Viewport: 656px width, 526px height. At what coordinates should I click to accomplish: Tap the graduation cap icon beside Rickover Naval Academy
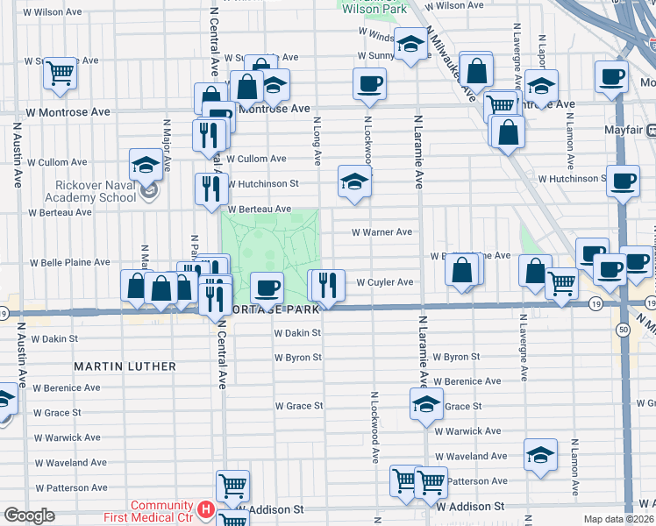pos(146,164)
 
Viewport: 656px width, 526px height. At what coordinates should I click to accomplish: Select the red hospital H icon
pos(205,508)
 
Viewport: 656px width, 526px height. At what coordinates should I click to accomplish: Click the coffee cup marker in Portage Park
pos(267,287)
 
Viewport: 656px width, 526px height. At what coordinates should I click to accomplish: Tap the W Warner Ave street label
pos(381,232)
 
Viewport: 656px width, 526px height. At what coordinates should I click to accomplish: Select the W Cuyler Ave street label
pos(384,282)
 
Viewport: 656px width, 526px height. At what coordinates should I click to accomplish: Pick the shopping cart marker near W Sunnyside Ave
pos(61,74)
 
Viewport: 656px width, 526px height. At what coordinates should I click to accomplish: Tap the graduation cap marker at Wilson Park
pos(410,45)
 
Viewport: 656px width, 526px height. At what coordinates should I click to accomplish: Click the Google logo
pos(29,515)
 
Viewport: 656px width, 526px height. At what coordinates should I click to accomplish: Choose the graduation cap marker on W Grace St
pos(426,403)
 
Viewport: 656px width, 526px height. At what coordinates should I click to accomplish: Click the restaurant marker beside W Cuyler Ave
pos(325,285)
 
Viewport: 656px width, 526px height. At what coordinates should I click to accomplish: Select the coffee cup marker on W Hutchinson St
pos(624,181)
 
